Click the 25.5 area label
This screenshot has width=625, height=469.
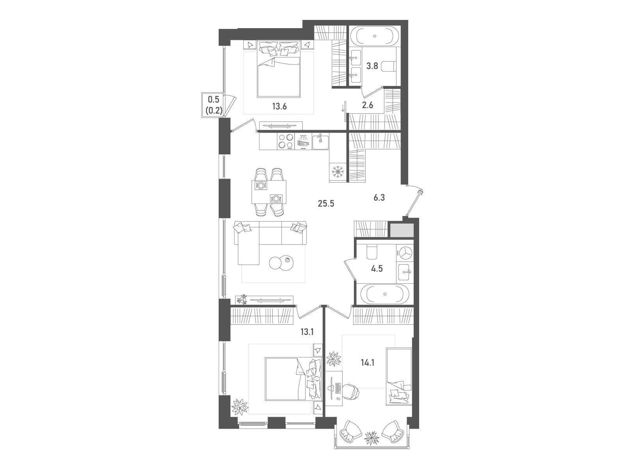point(326,204)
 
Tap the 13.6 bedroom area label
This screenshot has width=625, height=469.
point(279,106)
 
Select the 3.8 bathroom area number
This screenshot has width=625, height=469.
point(372,66)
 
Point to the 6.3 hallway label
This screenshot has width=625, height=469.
point(379,198)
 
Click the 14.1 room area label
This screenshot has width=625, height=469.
point(368,363)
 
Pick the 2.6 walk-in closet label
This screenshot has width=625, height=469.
point(368,106)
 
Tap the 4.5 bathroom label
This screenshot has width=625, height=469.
point(377,269)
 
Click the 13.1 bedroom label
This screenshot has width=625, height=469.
point(307,332)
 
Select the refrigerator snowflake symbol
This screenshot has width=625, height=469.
point(338,172)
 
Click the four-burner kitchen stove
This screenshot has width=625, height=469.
point(87,141)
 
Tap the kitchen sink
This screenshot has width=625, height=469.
point(321,141)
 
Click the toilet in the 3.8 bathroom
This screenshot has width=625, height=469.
point(387,66)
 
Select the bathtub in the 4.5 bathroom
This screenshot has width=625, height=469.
point(385,294)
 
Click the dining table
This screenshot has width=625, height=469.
point(269,192)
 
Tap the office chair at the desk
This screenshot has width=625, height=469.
point(350,392)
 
